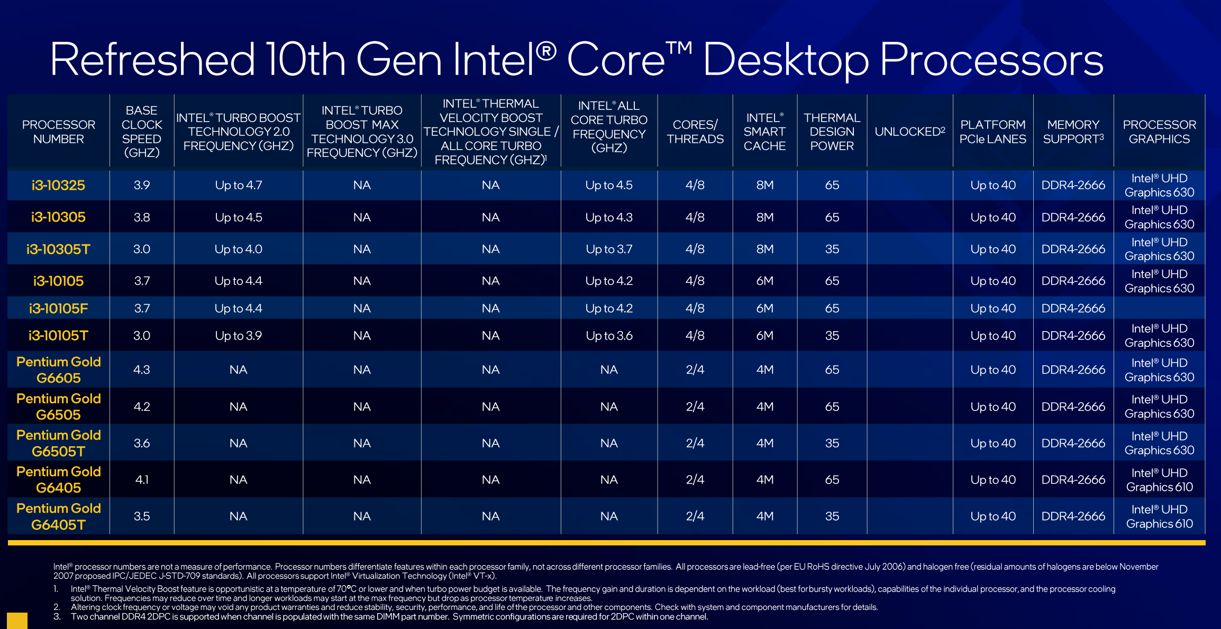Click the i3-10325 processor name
point(58,185)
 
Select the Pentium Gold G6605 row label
point(58,370)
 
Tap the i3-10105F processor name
point(58,308)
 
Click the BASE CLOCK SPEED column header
point(142,132)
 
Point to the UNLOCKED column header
point(910,132)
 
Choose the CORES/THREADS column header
point(695,132)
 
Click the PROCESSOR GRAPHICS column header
point(1159,132)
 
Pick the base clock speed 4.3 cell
point(142,370)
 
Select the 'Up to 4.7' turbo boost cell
point(238,185)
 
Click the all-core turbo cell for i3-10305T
point(609,249)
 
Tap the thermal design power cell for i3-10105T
point(832,336)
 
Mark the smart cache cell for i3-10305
point(764,217)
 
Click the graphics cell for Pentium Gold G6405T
point(1159,516)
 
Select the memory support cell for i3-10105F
point(1073,308)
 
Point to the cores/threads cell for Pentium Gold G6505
point(695,407)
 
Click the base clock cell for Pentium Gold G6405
point(142,480)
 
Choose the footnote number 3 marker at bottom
point(57,617)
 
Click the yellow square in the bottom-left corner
point(17,621)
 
